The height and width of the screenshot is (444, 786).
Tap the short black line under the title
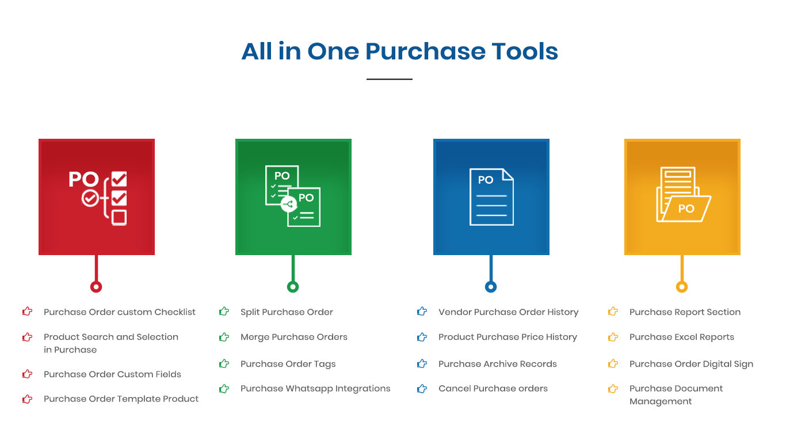point(390,79)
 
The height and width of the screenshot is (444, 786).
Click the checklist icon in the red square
point(98,198)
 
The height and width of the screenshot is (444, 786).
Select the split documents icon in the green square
point(293,196)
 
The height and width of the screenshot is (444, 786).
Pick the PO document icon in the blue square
point(491,197)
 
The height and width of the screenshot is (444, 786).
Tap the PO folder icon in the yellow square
point(684,194)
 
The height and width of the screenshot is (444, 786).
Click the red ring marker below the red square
point(96,287)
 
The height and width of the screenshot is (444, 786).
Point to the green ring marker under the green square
point(293,287)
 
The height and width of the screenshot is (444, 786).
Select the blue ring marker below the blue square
point(491,287)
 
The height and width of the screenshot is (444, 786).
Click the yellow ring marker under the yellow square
point(682,287)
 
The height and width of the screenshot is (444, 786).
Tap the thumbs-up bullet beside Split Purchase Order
point(224,311)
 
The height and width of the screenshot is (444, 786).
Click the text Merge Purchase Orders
point(294,337)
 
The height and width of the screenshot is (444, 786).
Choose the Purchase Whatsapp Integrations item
point(315,389)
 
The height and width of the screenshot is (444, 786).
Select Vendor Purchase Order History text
point(509,312)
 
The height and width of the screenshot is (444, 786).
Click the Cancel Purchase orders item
point(493,389)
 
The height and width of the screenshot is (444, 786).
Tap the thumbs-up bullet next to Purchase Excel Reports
point(613,337)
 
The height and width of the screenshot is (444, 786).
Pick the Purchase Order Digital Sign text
point(691,364)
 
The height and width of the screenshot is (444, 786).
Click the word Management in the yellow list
point(661,401)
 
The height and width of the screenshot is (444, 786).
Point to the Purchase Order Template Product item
point(121,399)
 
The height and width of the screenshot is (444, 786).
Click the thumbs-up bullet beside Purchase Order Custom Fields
point(28,374)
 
